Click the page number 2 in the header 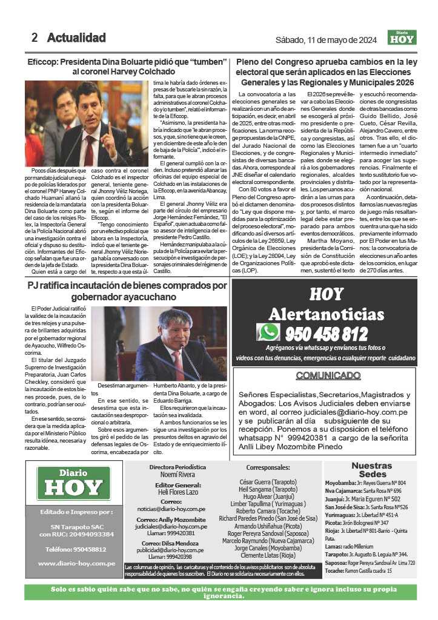(35, 38)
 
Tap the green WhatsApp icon (268, 332)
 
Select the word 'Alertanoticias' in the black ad (326, 314)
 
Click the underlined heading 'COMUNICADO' (326, 375)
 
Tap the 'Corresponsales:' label (268, 468)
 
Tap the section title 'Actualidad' (76, 38)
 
